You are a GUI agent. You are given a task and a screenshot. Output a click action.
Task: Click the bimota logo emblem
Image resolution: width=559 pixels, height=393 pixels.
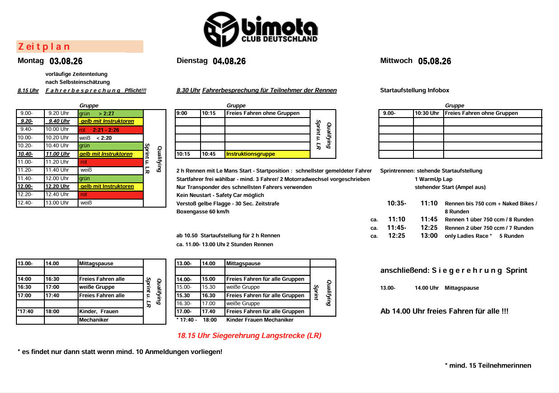click(221, 29)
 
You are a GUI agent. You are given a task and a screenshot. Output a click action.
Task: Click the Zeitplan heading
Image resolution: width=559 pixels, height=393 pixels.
click(44, 47)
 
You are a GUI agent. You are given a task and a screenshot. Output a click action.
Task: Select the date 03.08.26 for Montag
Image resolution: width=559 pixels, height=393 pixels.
click(66, 61)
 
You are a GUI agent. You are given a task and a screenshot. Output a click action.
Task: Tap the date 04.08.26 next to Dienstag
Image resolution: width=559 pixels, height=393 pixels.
click(229, 61)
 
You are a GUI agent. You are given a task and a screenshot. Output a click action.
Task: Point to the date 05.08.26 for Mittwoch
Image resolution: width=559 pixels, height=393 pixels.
click(434, 61)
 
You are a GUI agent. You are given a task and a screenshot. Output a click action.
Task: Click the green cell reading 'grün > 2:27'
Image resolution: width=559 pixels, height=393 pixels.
click(110, 114)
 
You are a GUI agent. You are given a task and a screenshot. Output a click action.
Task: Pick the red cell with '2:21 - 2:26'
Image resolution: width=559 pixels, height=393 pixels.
click(110, 130)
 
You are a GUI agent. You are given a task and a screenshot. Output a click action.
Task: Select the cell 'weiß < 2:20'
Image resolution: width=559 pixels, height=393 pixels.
click(110, 138)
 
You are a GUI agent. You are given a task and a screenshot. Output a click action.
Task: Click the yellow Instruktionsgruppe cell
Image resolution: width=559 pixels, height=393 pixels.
click(267, 154)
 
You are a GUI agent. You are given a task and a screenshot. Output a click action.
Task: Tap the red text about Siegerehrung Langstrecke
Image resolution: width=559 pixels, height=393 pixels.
click(249, 336)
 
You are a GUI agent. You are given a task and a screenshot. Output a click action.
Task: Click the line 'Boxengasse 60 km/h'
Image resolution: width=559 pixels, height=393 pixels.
click(203, 212)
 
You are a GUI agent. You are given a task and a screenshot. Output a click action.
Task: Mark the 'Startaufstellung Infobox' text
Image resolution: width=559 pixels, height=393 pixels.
click(414, 90)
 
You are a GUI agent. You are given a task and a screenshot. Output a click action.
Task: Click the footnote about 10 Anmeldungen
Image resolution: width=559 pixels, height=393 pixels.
click(120, 352)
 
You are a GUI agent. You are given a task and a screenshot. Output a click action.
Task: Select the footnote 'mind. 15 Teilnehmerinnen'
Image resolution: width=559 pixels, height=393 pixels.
click(488, 365)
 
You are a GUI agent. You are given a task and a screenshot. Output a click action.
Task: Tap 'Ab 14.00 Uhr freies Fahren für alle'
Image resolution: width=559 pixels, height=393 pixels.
click(444, 311)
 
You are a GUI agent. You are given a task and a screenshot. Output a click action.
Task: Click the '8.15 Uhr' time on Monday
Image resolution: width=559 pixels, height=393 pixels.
click(28, 90)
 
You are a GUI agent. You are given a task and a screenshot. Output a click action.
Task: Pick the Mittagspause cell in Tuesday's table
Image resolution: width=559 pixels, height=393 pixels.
click(267, 263)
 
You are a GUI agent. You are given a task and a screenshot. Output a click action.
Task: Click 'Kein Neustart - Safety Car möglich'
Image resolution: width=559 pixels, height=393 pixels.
click(220, 195)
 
